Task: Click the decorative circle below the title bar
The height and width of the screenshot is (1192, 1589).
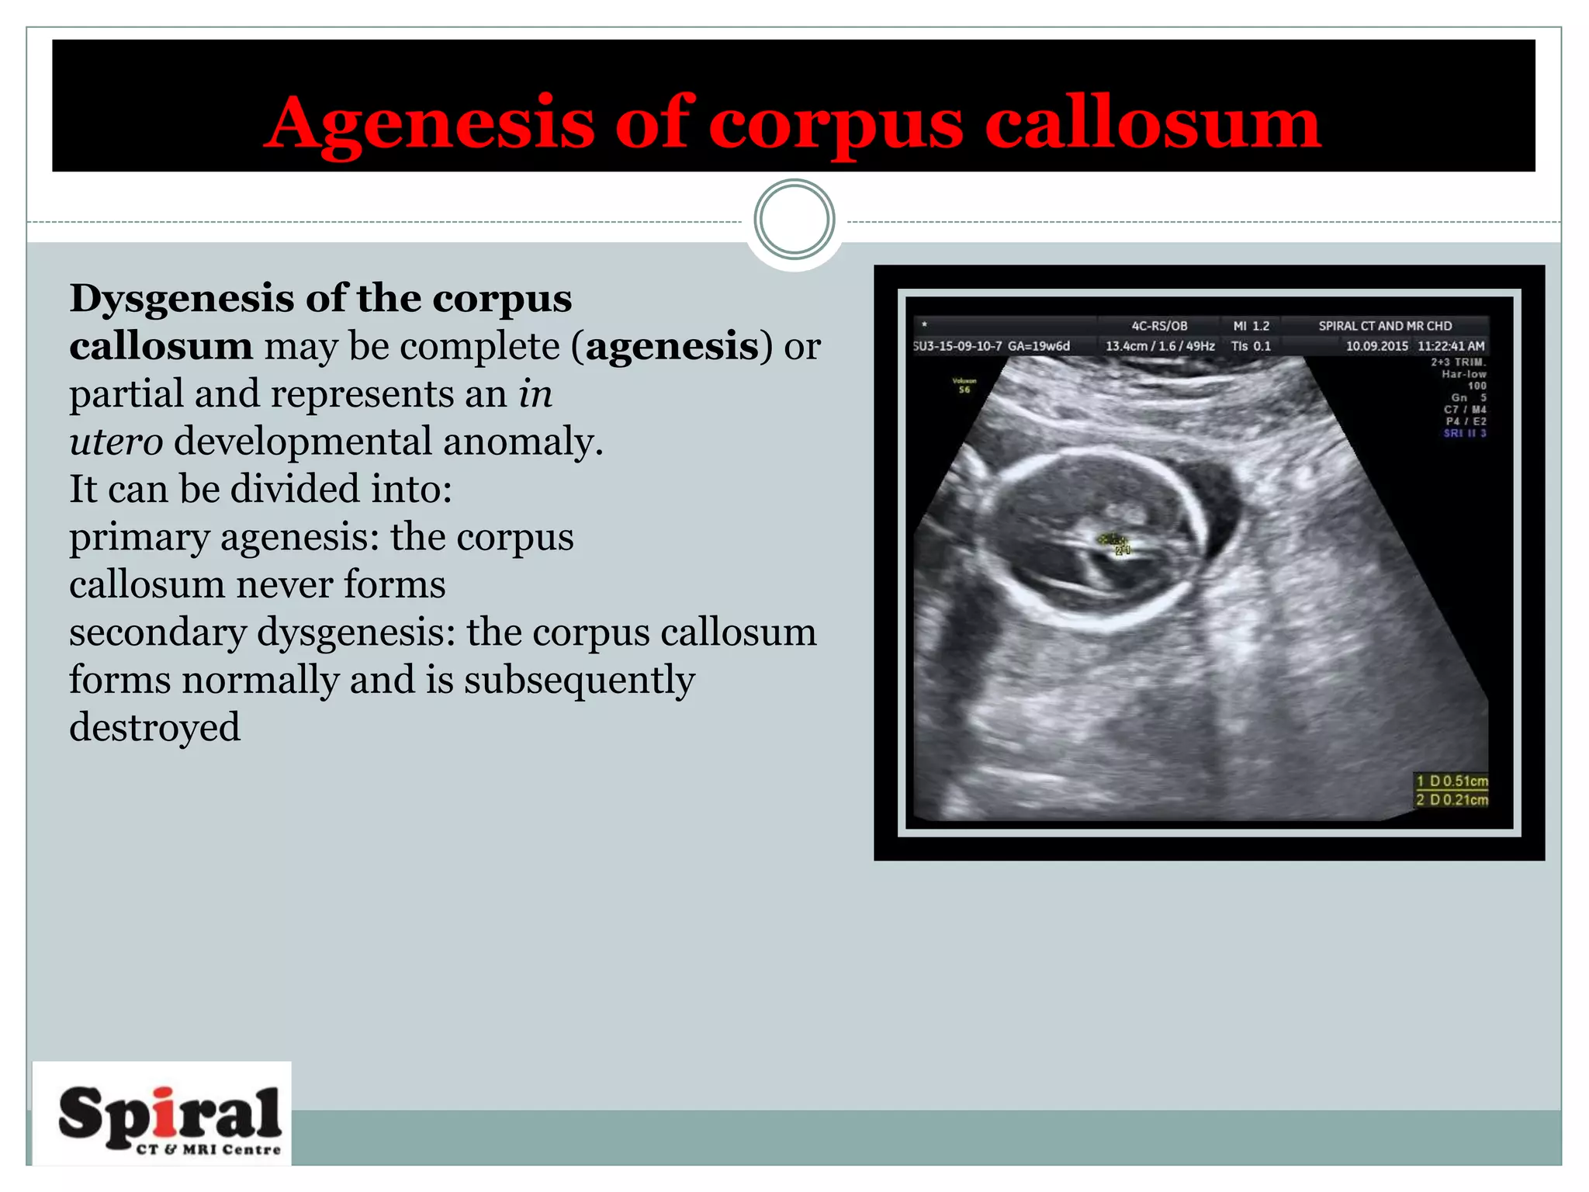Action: click(x=794, y=220)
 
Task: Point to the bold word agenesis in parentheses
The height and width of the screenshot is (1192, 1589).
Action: click(x=672, y=346)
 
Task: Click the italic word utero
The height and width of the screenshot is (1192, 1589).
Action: click(x=116, y=442)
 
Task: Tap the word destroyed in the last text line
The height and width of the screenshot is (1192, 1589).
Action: click(x=154, y=728)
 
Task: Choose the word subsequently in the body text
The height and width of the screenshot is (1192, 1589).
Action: click(x=579, y=680)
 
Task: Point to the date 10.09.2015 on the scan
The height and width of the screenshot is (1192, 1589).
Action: click(x=1376, y=346)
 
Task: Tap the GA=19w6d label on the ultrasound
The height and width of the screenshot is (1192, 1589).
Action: click(x=1038, y=346)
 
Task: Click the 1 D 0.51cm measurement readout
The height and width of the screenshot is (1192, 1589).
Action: click(x=1452, y=781)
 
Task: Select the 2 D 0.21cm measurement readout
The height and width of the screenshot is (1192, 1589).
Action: click(x=1452, y=799)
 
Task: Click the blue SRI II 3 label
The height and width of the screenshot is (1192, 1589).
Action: click(x=1464, y=433)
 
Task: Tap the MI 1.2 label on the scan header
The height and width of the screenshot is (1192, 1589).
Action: click(x=1251, y=326)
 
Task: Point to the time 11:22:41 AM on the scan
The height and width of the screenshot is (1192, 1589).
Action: click(x=1451, y=346)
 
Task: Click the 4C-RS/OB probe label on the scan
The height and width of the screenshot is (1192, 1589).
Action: click(x=1159, y=326)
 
